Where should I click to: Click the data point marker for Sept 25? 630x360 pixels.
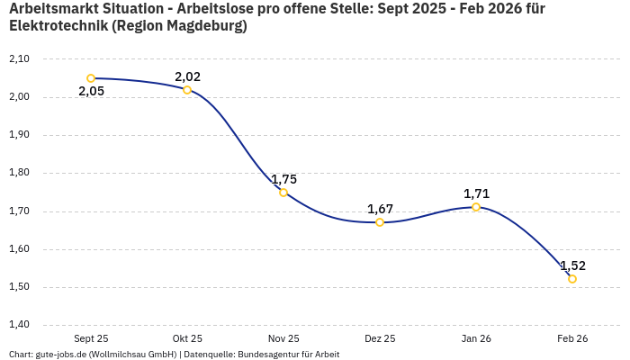[91, 78]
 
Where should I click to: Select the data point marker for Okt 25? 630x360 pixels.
[187, 90]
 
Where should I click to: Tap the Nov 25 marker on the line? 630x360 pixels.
[283, 193]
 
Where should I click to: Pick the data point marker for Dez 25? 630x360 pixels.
[380, 222]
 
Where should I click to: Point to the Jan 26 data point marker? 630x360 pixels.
[476, 207]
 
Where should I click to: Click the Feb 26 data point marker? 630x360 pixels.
[572, 279]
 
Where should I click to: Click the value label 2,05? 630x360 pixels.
[91, 92]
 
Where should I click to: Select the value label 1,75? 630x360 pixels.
[283, 179]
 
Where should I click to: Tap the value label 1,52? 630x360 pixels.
[572, 265]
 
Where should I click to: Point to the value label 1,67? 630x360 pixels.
[380, 209]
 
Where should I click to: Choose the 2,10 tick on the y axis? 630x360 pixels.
[19, 58]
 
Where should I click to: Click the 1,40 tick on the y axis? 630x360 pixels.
[19, 325]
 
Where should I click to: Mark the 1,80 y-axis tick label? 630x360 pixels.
[19, 173]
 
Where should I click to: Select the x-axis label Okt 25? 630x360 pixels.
[187, 338]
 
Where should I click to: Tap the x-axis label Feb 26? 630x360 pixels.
[572, 338]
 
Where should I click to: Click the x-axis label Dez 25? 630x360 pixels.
[380, 338]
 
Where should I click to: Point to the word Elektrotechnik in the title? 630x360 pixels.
[58, 26]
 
